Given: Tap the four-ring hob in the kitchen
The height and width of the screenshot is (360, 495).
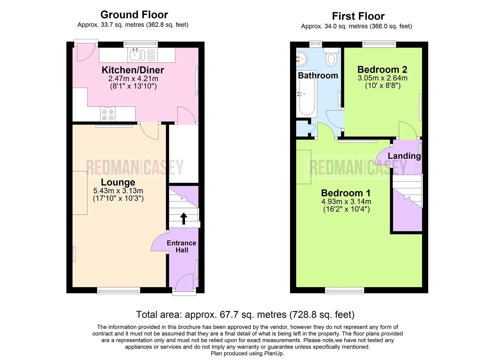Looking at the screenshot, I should [108, 114].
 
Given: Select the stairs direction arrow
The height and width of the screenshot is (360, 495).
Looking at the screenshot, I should [183, 218].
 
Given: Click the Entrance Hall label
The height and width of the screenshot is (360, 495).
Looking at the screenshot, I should [182, 246].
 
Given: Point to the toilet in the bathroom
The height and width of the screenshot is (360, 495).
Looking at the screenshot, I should [331, 57].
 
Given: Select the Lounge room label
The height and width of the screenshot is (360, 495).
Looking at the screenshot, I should [118, 182].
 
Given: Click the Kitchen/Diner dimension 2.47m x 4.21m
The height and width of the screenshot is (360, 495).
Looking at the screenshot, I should [133, 79].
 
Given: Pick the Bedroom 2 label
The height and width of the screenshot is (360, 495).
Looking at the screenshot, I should [382, 70].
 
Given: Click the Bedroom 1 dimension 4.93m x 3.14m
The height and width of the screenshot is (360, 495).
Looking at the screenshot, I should [346, 202].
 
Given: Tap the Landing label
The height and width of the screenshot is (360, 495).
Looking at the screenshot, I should [404, 156].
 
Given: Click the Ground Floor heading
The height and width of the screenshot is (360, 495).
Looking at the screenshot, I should [134, 15].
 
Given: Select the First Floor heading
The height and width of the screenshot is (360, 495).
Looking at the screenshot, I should [358, 16].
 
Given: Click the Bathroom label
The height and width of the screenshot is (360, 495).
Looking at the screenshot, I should [318, 76].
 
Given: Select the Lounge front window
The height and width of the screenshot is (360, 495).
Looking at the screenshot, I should [119, 291].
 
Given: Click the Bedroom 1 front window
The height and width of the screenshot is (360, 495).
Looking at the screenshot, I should [345, 291].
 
